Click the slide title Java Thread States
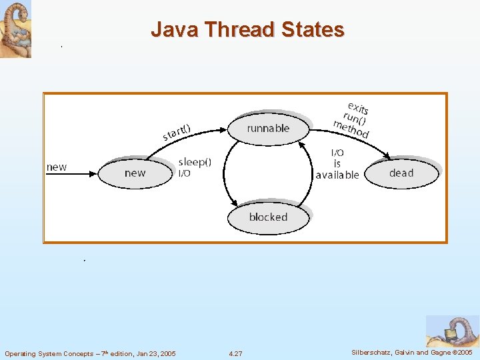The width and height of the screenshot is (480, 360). (x=247, y=30)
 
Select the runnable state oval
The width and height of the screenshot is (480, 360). (x=268, y=128)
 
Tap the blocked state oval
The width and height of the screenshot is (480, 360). (x=268, y=217)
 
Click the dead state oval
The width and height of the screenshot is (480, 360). (x=401, y=173)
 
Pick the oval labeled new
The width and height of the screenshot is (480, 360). (x=135, y=173)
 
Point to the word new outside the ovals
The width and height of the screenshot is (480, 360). (x=57, y=167)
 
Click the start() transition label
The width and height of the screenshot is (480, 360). (x=177, y=133)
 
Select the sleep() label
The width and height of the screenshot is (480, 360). (x=195, y=162)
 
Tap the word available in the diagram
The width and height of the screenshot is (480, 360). (x=337, y=175)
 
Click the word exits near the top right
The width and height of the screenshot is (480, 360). (x=358, y=108)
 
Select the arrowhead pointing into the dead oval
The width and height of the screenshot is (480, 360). (x=387, y=158)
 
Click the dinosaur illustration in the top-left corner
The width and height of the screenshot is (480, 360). (x=15, y=29)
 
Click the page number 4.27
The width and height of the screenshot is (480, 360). (x=235, y=353)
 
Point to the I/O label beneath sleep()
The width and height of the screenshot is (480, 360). (x=185, y=173)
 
